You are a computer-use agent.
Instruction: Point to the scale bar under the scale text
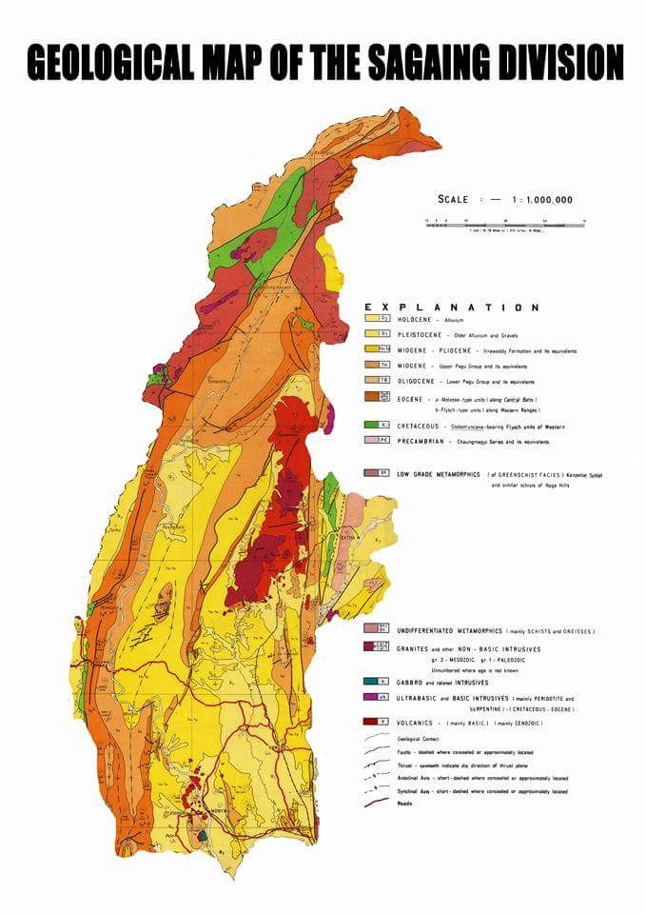pyautogui.click(x=504, y=222)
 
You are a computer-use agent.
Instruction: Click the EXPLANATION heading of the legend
pyautogui.click(x=452, y=308)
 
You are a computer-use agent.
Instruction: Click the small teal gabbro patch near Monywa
pyautogui.click(x=203, y=834)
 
